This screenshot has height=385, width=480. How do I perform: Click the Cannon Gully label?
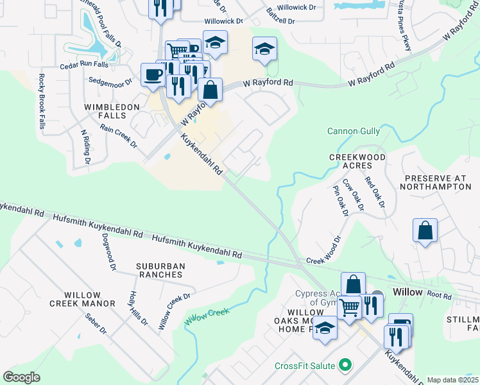point(354,132)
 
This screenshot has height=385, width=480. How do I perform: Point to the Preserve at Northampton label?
point(435,182)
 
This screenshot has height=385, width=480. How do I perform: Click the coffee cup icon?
point(153,74)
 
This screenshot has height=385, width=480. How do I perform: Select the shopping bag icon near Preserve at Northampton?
point(425,231)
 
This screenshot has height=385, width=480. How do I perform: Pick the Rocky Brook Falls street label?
point(41,101)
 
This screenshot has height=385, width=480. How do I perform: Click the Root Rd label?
point(439,296)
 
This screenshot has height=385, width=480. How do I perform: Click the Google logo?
point(21,377)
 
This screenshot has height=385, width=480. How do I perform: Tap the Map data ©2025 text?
point(452,380)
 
